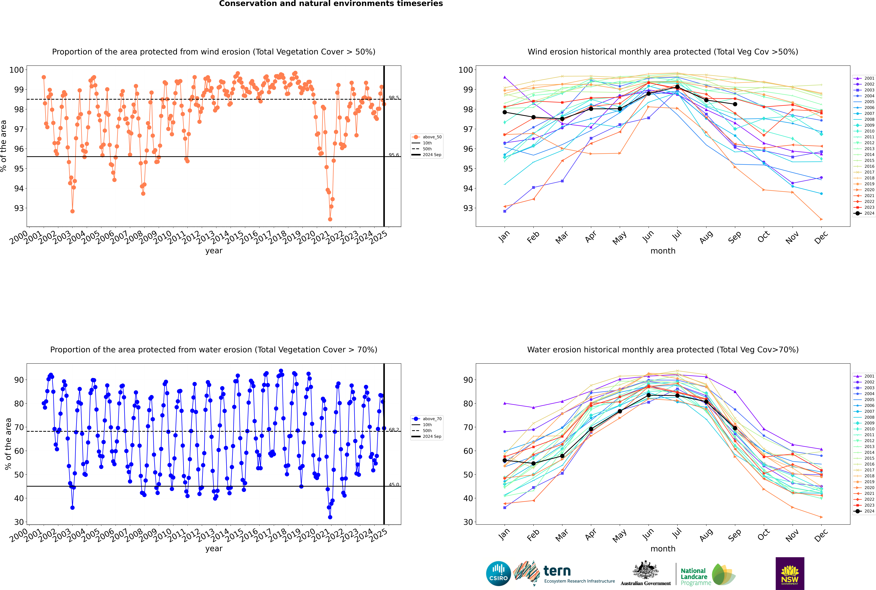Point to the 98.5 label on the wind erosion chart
[394, 98]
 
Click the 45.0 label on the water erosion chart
[394, 485]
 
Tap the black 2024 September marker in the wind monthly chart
[735, 104]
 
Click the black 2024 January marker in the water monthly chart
[505, 461]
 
